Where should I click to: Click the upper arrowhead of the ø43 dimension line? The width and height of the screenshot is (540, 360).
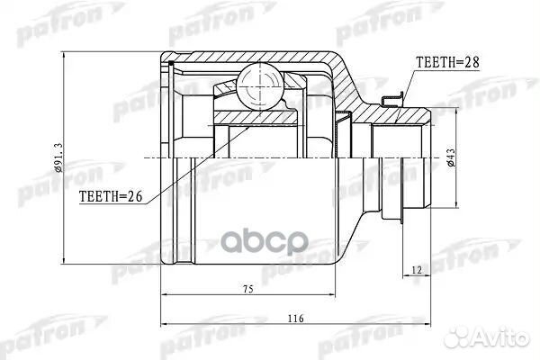449,109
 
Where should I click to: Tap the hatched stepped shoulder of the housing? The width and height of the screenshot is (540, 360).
351,85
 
